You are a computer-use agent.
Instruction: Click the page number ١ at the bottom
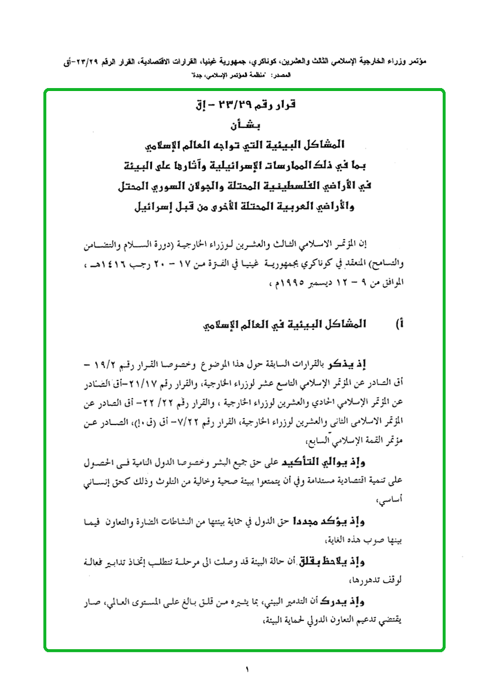coord(247,669)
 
